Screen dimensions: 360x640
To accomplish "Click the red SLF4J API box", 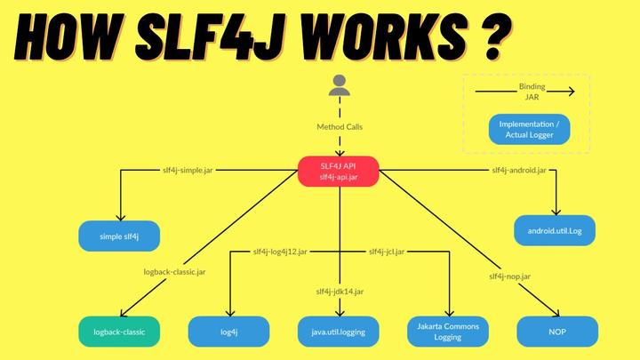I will [x=338, y=172].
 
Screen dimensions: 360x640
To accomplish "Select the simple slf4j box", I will [x=119, y=236].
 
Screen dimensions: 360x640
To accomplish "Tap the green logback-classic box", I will [x=119, y=332].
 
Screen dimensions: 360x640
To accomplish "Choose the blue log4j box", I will [x=228, y=332].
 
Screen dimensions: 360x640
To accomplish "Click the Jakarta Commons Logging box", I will [x=448, y=332].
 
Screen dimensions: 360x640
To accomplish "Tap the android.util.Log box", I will [x=556, y=230].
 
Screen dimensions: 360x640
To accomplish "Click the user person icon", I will [x=339, y=85].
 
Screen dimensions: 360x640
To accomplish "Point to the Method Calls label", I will [x=340, y=127].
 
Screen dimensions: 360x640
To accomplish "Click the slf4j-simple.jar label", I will [x=187, y=169].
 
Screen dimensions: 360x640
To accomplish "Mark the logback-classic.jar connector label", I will [x=175, y=271].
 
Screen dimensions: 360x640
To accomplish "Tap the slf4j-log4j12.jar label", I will [x=280, y=252].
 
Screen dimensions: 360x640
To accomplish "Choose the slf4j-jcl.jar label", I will [x=387, y=252].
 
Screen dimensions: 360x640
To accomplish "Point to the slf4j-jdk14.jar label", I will [x=339, y=291].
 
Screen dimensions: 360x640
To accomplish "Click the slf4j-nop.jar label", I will [x=509, y=276].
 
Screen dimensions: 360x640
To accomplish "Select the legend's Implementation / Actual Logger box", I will [x=528, y=129].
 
